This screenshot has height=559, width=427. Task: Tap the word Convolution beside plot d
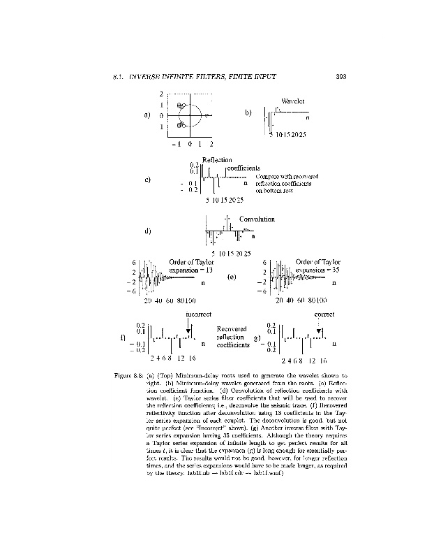[x=257, y=219]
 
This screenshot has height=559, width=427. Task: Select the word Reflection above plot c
[x=216, y=160]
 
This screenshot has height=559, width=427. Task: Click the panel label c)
[x=148, y=180]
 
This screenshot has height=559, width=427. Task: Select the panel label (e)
[x=232, y=277]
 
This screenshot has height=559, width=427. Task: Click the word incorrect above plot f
[x=198, y=315]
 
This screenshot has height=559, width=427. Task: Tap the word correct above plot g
[x=325, y=315]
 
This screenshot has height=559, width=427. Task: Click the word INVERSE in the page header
[x=148, y=76]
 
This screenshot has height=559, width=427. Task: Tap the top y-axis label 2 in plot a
[x=161, y=94]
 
